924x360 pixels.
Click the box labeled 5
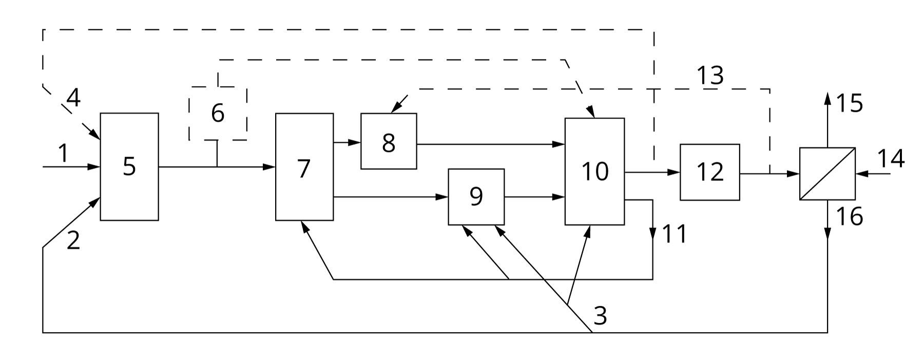(129, 166)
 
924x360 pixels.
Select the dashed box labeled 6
(218, 113)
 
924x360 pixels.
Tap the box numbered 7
(304, 167)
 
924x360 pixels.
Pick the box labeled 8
(389, 141)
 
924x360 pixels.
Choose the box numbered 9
(476, 196)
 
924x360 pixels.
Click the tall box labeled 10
(594, 171)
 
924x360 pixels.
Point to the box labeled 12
(709, 172)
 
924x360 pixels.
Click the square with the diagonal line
(827, 174)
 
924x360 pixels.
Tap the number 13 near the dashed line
(710, 76)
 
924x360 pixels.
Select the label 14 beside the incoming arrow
(890, 158)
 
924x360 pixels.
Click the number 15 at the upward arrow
(850, 103)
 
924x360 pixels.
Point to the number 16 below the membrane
(850, 216)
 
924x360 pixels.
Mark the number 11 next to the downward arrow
(674, 234)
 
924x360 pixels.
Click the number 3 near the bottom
(600, 315)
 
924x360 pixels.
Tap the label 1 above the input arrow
(63, 153)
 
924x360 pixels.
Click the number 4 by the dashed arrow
(73, 98)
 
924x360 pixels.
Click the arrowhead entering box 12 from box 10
(675, 173)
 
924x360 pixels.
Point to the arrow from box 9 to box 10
(534, 197)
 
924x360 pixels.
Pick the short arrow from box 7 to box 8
(347, 142)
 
